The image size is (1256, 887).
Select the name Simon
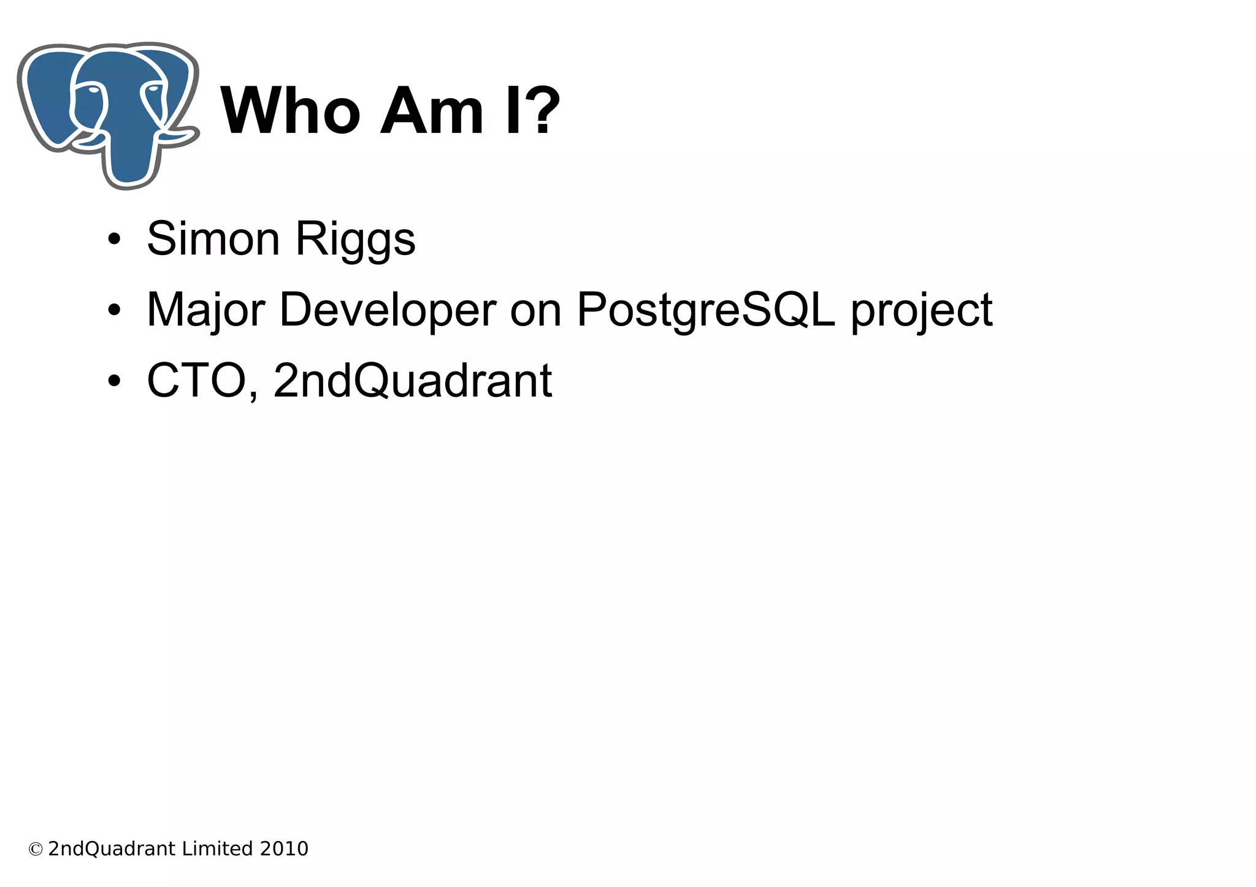point(213,238)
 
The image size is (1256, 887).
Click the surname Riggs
point(356,240)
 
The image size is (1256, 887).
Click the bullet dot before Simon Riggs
point(113,240)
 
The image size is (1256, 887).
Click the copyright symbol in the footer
point(36,850)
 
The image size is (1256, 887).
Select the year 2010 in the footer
point(284,849)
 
